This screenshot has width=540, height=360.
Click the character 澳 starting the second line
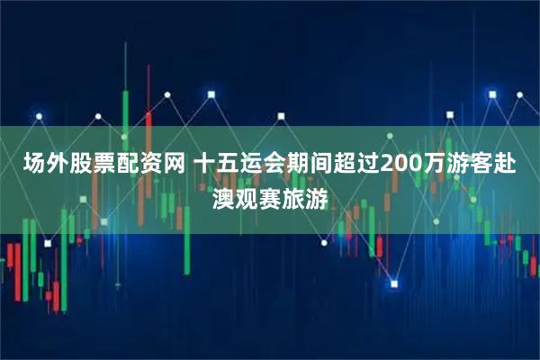pyautogui.click(x=222, y=194)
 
